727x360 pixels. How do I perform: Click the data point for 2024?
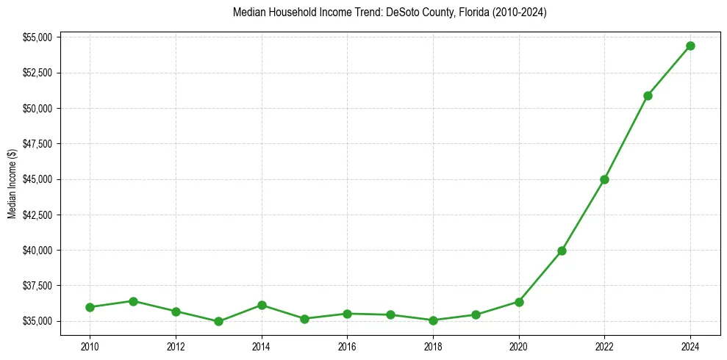click(690, 46)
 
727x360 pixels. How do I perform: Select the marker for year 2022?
click(604, 179)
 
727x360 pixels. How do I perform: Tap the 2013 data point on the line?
click(218, 322)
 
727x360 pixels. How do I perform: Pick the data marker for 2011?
click(133, 301)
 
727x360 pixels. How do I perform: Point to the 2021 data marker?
click(562, 251)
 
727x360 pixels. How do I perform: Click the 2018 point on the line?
click(433, 320)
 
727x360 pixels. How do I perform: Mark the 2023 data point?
click(648, 96)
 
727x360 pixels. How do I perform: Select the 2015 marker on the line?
click(304, 319)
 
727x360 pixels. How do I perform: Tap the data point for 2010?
click(90, 307)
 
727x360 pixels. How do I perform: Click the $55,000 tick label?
click(37, 37)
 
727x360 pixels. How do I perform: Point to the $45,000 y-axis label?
click(37, 179)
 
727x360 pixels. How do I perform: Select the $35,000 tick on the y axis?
click(37, 321)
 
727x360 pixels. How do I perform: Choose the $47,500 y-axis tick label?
click(37, 144)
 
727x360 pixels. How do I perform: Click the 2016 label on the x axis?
click(347, 345)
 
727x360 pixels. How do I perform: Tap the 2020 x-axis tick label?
click(519, 345)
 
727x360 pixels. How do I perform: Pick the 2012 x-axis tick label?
click(176, 345)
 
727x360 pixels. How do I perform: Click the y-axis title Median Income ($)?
click(12, 184)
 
